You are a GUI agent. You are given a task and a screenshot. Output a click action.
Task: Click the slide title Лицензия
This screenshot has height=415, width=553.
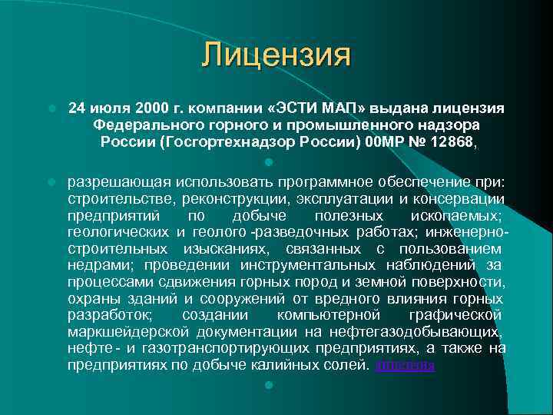[276, 55]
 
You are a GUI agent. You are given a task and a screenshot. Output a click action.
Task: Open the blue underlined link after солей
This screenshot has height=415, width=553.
[405, 366]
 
